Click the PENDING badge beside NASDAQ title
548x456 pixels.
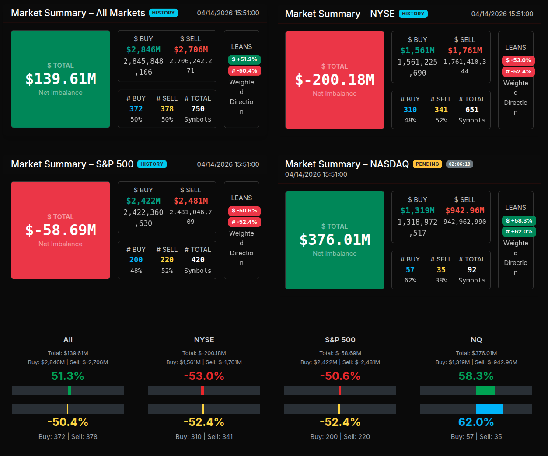427,164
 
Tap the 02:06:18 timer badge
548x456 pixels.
459,164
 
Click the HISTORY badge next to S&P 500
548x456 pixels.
152,164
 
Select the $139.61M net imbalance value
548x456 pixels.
61,79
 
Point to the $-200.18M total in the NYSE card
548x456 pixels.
335,80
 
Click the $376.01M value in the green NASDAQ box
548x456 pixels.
335,240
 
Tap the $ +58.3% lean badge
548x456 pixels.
519,221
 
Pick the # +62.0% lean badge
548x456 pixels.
519,232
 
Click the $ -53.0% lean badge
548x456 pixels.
518,60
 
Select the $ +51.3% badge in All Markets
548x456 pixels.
244,59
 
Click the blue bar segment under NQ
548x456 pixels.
489,409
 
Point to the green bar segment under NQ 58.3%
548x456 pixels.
485,390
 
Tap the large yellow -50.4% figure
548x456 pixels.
68,422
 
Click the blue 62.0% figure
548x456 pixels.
476,422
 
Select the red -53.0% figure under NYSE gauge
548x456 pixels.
204,376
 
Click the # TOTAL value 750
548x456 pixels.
198,109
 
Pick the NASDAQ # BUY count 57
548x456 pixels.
410,270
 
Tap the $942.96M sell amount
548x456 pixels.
464,211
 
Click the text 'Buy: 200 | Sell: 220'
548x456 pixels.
340,436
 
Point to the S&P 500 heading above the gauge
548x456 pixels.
340,340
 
